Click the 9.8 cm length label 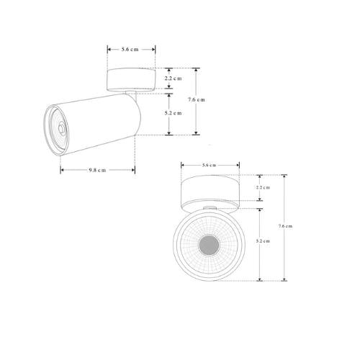(x=97, y=170)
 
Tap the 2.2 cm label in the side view (x=172, y=78)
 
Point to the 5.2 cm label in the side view (x=172, y=113)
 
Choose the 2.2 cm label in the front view (x=263, y=188)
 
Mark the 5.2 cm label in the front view (x=263, y=242)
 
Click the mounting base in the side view (x=132, y=78)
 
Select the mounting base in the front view (x=210, y=191)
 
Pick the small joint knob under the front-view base (x=210, y=210)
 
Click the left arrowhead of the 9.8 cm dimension (x=62, y=170)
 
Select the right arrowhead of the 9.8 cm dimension (x=134, y=170)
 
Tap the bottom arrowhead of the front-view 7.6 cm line (x=284, y=279)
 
